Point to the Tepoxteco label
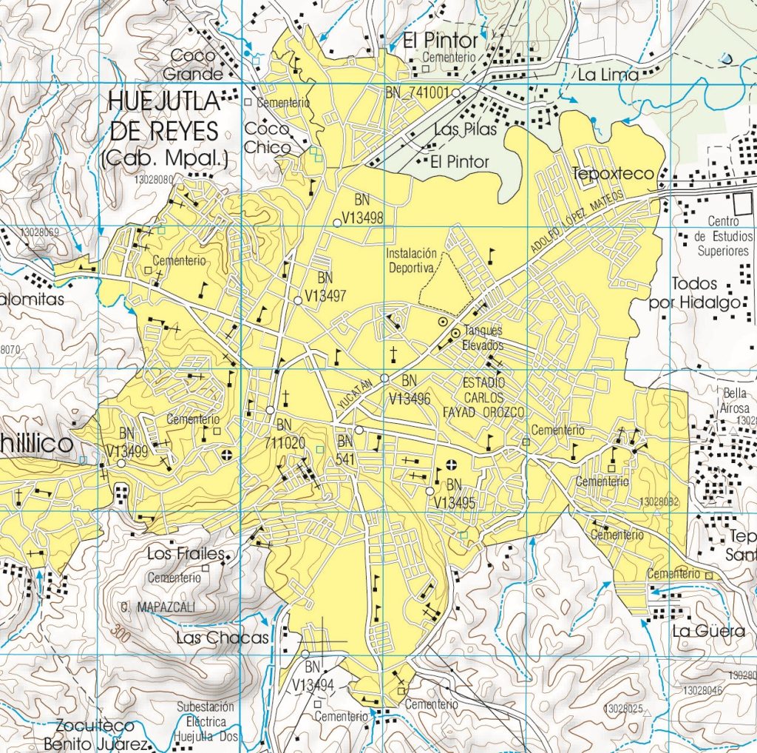[614, 174]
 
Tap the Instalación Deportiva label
[413, 260]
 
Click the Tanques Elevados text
[483, 339]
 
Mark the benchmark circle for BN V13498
[337, 222]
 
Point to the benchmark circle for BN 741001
[456, 92]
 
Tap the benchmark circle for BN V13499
[121, 463]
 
